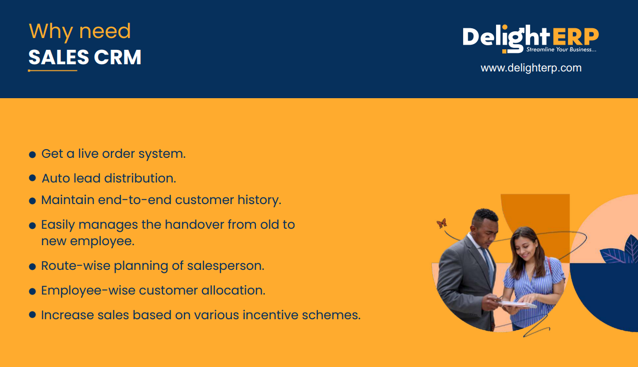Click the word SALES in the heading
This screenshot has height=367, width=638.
click(59, 57)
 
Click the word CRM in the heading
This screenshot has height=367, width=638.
click(118, 57)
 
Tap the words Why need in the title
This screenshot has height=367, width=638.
click(80, 31)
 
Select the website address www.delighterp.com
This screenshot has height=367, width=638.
click(531, 68)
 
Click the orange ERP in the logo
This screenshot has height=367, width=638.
click(576, 36)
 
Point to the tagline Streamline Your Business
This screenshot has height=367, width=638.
click(561, 49)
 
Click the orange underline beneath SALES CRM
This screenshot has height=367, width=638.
click(52, 70)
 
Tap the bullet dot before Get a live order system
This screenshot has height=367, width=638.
click(32, 155)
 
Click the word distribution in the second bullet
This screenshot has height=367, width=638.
click(140, 178)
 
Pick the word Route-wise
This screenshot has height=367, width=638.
click(76, 266)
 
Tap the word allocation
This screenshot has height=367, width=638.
click(233, 290)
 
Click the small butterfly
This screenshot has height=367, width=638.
click(442, 223)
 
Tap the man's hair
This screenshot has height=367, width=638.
click(485, 215)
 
